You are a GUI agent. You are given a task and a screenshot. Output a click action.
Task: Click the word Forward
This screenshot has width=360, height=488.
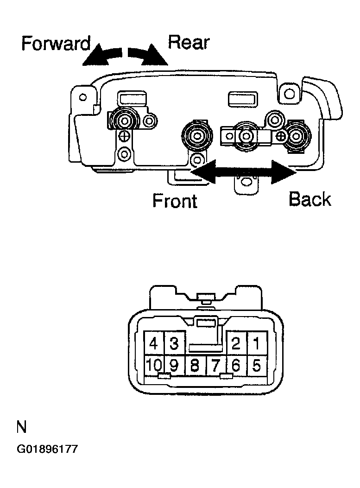coord(56,43)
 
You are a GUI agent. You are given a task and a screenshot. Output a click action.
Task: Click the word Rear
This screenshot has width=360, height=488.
coord(189,42)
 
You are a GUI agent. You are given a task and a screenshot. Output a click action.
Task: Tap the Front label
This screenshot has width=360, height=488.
coord(175,201)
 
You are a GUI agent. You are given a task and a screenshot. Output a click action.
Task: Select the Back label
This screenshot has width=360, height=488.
coord(310,199)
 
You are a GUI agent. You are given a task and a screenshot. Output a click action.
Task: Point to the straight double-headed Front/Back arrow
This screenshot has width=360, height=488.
coord(243,172)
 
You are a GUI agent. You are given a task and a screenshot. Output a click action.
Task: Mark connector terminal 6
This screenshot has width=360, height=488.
coord(236,365)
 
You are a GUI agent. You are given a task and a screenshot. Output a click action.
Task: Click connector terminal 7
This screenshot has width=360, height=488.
coord(216,365)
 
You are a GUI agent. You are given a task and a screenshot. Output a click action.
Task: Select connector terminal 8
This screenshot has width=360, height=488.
coord(196,365)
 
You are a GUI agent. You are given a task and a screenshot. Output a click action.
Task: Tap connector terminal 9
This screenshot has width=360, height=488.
coord(174,365)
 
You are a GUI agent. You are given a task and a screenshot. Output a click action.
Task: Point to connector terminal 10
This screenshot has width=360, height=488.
coord(154,365)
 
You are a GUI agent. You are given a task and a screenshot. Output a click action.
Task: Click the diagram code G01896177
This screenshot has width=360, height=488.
coord(47,450)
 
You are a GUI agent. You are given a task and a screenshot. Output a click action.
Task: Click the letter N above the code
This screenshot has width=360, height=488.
coord(21,427)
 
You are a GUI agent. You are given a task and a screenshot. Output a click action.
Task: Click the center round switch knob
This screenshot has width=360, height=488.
coord(197,136)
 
